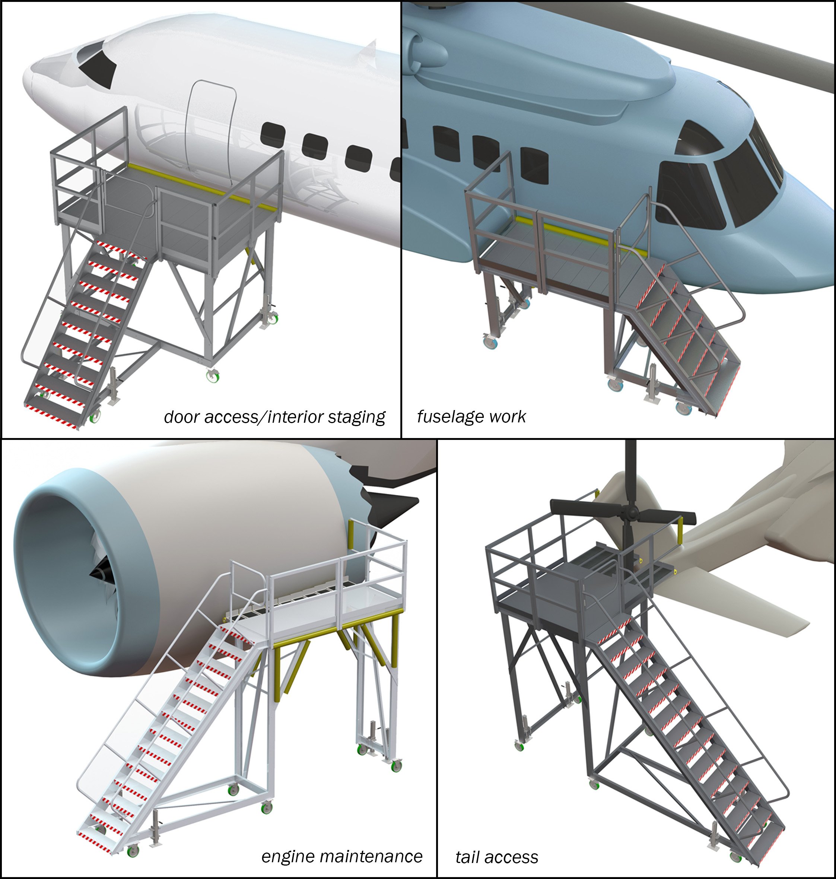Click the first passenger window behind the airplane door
click(x=272, y=134)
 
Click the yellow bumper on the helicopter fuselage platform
click(x=575, y=233)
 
